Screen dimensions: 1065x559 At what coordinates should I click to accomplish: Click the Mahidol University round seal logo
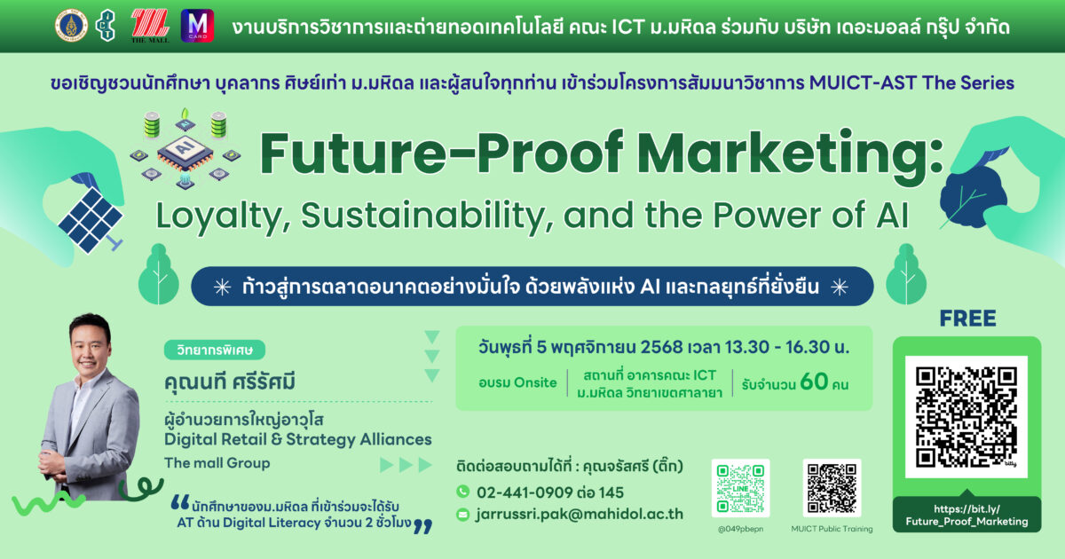pyautogui.click(x=71, y=26)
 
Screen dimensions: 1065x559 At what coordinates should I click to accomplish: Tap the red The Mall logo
pyautogui.click(x=150, y=26)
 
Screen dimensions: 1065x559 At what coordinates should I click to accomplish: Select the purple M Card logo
pyautogui.click(x=197, y=26)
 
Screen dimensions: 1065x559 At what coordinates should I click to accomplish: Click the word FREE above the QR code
pyautogui.click(x=967, y=319)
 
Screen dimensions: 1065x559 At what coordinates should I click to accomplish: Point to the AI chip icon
pyautogui.click(x=185, y=150)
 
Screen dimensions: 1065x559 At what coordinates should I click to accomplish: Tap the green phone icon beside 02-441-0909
pyautogui.click(x=462, y=491)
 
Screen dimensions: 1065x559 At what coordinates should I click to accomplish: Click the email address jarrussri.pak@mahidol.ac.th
pyautogui.click(x=579, y=514)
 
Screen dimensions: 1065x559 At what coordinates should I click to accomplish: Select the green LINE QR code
pyautogui.click(x=740, y=488)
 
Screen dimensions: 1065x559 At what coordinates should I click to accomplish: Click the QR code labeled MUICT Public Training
pyautogui.click(x=832, y=488)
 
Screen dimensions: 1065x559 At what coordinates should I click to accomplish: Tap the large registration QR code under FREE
pyautogui.click(x=966, y=416)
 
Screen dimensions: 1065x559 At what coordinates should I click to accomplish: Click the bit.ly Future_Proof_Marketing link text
pyautogui.click(x=966, y=516)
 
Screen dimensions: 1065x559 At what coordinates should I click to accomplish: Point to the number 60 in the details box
pyautogui.click(x=814, y=382)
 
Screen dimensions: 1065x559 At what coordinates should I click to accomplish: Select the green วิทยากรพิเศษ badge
pyautogui.click(x=215, y=350)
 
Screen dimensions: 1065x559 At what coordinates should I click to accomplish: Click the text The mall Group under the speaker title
pyautogui.click(x=217, y=463)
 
